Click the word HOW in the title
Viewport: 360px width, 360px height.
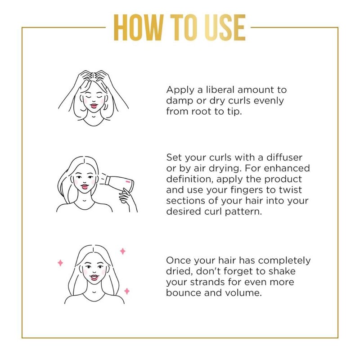tap(139, 27)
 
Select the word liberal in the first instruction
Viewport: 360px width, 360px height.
tap(220, 90)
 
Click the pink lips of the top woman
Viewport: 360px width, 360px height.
tap(94, 106)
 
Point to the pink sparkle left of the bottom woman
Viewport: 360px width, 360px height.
tap(60, 263)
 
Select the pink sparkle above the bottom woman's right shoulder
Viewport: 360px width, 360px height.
tap(127, 291)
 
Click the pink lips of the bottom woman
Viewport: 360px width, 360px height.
tap(94, 277)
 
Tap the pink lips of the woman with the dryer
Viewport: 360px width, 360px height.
tap(85, 186)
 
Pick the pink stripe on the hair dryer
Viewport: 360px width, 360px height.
tap(128, 182)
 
